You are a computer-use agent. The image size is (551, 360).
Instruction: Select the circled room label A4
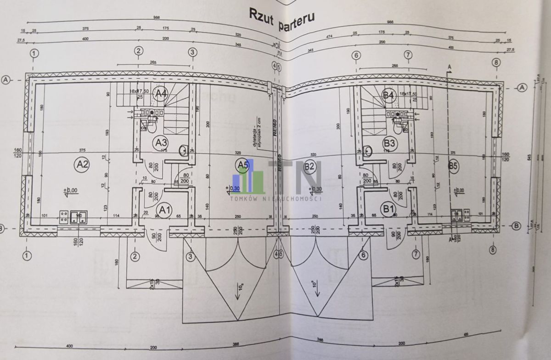(160, 94)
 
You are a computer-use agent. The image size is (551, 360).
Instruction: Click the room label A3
(160, 142)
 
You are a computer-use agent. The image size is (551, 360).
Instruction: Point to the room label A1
(164, 210)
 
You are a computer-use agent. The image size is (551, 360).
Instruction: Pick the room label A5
(243, 164)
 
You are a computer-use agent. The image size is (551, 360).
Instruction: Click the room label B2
(309, 167)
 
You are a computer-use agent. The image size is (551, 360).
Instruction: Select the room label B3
(390, 142)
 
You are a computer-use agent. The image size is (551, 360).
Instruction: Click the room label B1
(389, 209)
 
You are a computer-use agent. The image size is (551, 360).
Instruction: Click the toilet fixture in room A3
(152, 125)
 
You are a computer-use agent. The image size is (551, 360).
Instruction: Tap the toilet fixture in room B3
(398, 125)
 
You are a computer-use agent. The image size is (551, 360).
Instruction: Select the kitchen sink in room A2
(79, 217)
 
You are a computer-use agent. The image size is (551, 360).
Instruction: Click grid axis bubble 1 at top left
(34, 53)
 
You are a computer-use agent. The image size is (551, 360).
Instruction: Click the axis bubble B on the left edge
(4, 227)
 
